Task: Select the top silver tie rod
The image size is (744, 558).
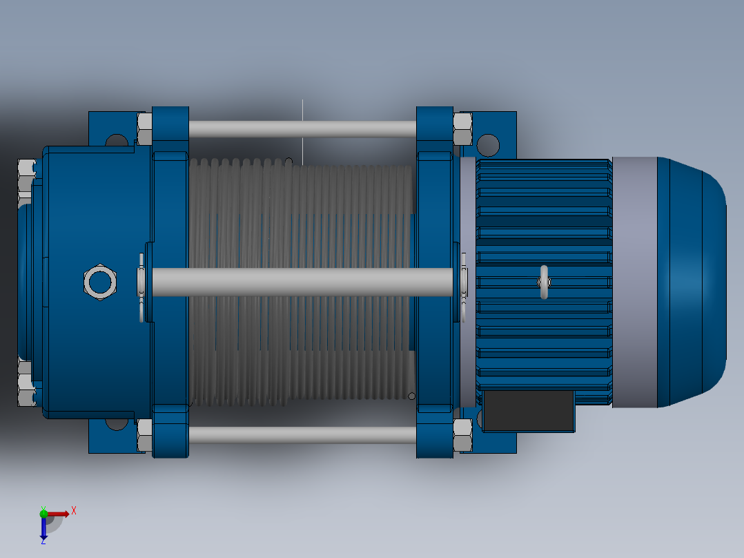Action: click(302, 129)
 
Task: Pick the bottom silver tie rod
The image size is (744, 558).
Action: click(302, 434)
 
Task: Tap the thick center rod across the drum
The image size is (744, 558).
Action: click(302, 282)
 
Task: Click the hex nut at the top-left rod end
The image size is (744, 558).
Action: click(144, 129)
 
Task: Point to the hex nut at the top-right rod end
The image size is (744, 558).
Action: click(462, 129)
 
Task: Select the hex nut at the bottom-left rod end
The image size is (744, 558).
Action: click(144, 435)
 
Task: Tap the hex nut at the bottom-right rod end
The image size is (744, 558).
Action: click(462, 435)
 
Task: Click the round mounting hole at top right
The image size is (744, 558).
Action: click(487, 145)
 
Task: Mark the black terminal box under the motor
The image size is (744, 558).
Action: click(529, 411)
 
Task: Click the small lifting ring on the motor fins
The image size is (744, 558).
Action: click(544, 282)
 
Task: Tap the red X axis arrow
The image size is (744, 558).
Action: click(58, 513)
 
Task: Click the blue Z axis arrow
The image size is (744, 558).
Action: click(43, 528)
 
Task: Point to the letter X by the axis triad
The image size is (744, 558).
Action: click(74, 511)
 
